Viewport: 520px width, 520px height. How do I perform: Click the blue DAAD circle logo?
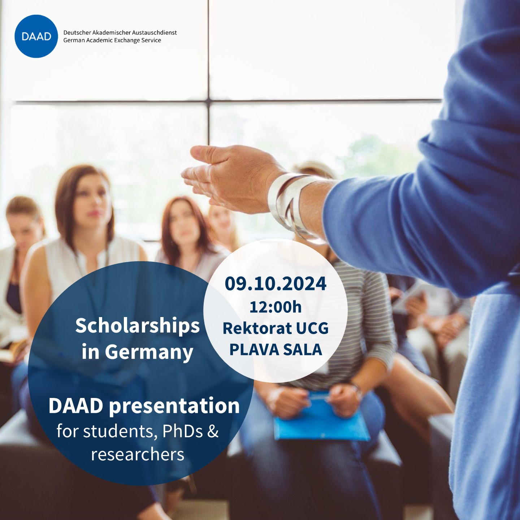pyautogui.click(x=36, y=36)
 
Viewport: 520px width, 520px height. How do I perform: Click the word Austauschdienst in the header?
pyautogui.click(x=154, y=32)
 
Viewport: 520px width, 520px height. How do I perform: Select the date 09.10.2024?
pyautogui.click(x=276, y=283)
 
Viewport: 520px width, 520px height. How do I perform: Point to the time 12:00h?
pyautogui.click(x=276, y=307)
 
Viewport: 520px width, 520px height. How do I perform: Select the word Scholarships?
pyautogui.click(x=137, y=326)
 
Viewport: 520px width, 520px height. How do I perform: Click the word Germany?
pyautogui.click(x=149, y=353)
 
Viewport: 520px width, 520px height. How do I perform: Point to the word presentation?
pyautogui.click(x=174, y=406)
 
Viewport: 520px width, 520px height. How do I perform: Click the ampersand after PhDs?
pyautogui.click(x=213, y=431)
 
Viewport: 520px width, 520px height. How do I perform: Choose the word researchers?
pyautogui.click(x=138, y=454)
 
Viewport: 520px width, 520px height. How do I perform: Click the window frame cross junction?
pyautogui.click(x=209, y=101)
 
